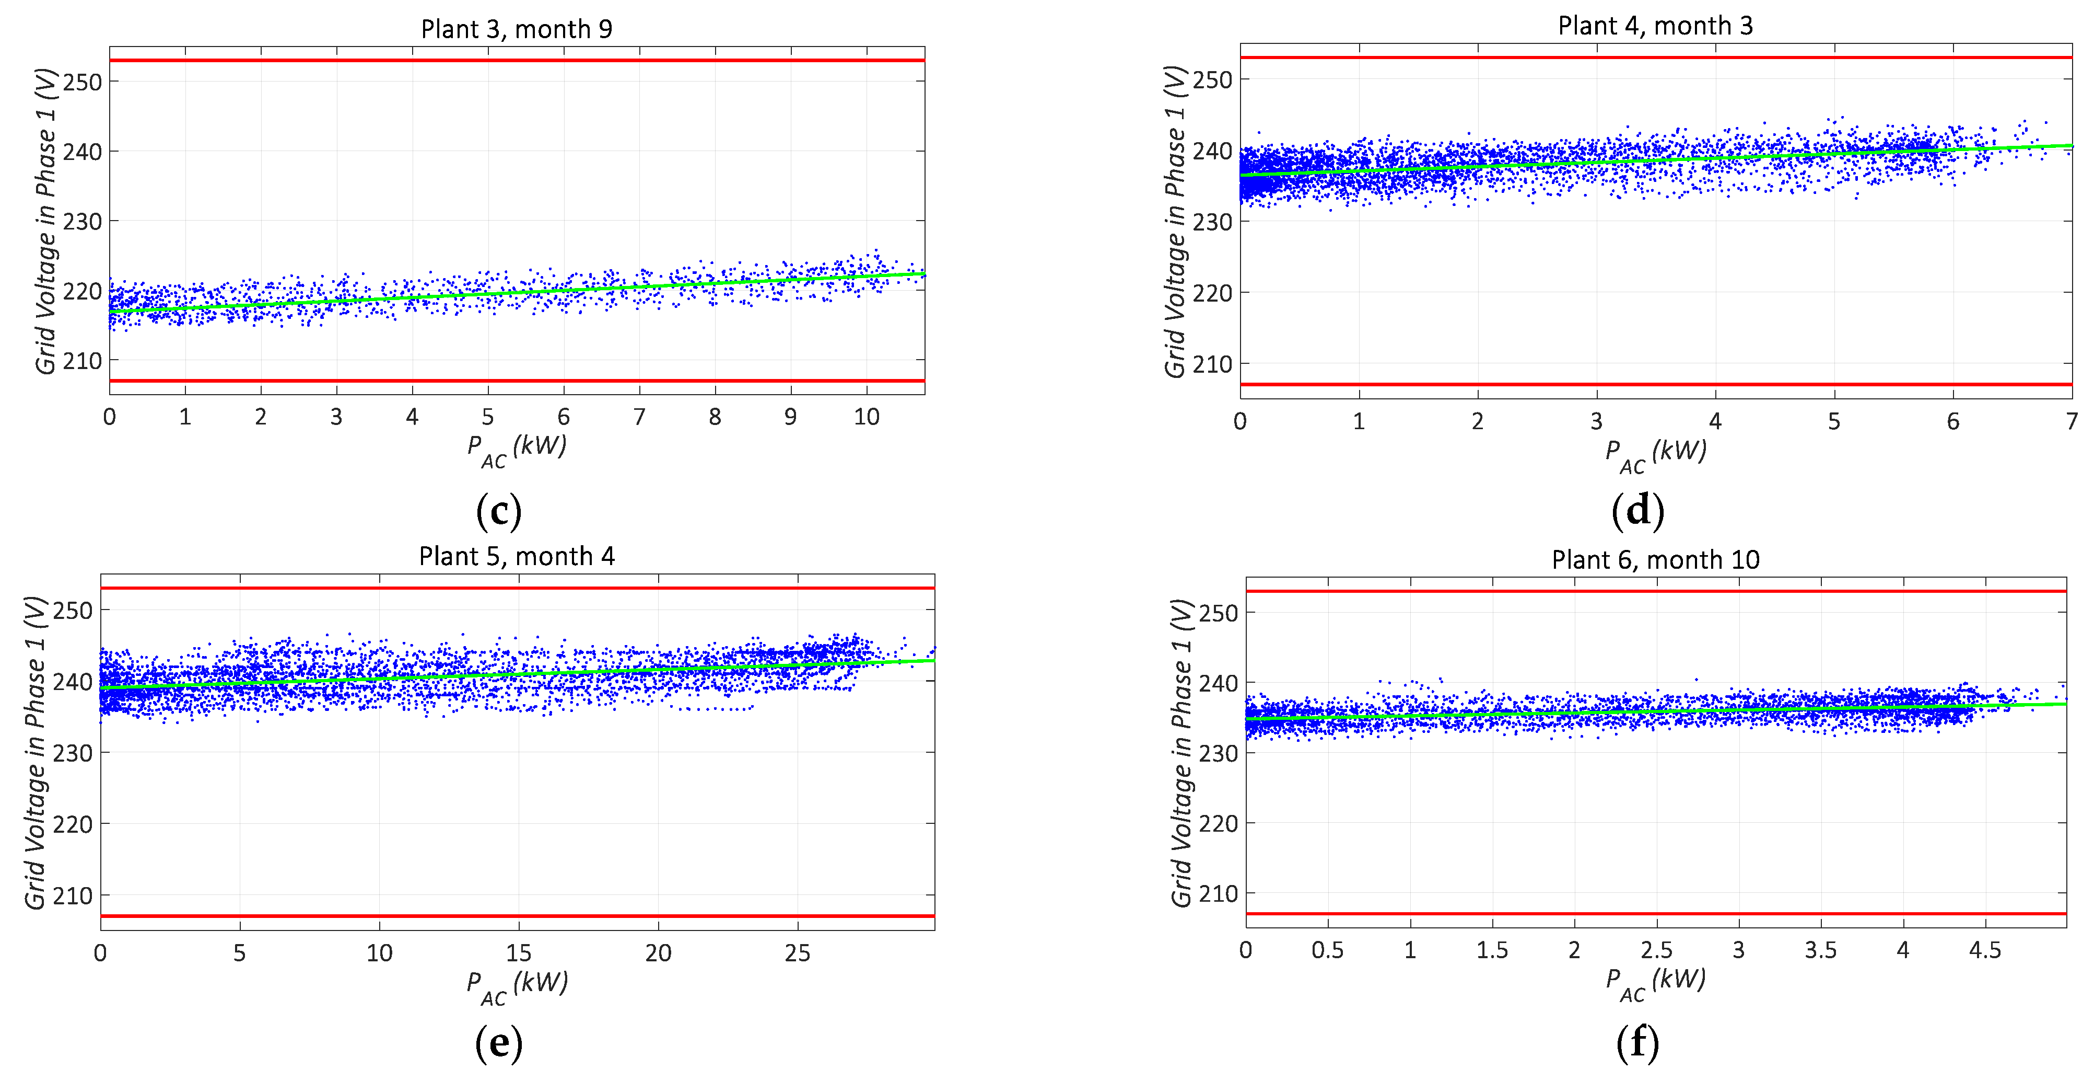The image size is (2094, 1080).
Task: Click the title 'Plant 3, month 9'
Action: [x=516, y=29]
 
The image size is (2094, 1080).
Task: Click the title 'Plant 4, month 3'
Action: [x=1655, y=26]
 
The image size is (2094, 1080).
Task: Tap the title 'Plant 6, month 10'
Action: [x=1655, y=559]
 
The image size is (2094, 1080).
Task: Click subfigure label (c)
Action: [x=498, y=511]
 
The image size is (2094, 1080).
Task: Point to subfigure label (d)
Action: [x=1637, y=511]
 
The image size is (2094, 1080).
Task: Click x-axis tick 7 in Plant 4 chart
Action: [x=2071, y=421]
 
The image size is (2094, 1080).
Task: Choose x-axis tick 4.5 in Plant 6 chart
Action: [x=1984, y=950]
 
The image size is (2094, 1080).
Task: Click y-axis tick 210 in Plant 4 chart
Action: [x=1212, y=364]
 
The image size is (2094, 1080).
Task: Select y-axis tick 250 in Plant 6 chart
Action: [x=1218, y=613]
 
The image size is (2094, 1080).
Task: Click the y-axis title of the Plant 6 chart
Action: [x=1180, y=752]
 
